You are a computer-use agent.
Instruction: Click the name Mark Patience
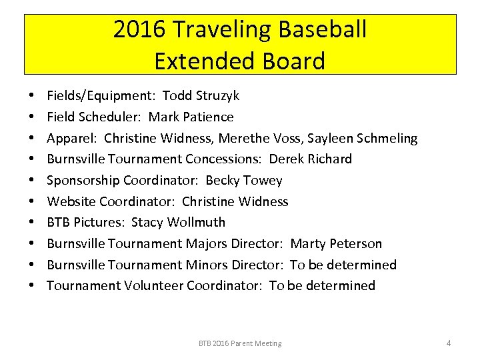(x=191, y=117)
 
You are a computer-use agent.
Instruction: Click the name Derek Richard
(x=311, y=159)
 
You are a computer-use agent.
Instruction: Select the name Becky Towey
(x=244, y=180)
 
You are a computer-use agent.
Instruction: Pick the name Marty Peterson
(x=337, y=243)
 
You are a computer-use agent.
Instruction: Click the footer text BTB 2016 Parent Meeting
(x=240, y=343)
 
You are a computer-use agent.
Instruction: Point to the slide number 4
(x=449, y=343)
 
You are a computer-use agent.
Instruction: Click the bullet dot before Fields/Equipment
(x=33, y=97)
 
